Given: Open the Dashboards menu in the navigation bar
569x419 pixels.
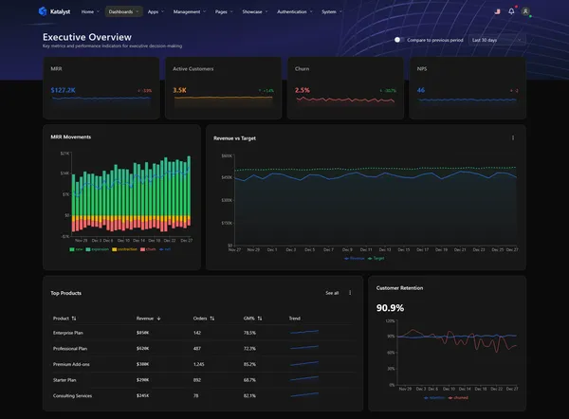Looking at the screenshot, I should point(122,11).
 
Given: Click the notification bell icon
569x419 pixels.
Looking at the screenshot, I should point(511,11).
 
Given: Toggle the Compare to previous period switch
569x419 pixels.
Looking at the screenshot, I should point(399,40).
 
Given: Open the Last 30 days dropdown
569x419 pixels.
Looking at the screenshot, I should point(497,40).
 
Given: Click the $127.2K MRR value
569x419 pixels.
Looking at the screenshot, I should point(64,90).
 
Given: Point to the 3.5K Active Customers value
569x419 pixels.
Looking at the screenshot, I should point(179,90).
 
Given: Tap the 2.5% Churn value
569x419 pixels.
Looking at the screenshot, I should point(303,90).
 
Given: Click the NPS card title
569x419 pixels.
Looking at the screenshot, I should point(422,69).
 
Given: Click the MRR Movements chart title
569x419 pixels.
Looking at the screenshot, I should point(71,137).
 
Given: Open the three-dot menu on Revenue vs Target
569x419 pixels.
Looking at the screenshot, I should point(513,137).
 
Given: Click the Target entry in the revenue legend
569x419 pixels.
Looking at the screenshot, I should point(378,257).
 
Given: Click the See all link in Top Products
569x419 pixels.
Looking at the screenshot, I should point(332,293).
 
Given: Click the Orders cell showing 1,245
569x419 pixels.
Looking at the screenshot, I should point(200,364).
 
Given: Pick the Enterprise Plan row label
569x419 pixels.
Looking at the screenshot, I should point(70,333).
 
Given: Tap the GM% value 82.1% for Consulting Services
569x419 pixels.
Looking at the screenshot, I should point(249,395).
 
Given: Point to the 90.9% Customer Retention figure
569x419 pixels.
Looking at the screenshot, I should point(391,308).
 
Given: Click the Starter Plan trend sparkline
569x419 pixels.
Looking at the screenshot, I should point(304,379).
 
